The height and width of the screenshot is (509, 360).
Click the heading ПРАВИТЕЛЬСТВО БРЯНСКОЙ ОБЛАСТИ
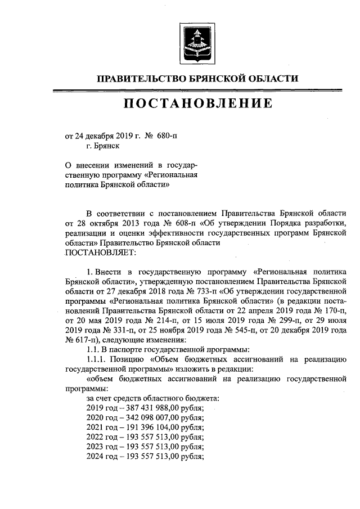[196, 79]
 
